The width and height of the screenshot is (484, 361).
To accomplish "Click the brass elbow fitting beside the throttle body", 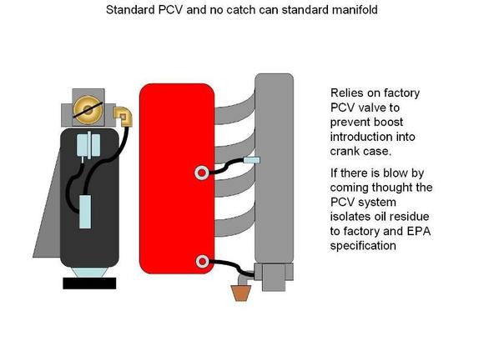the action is tap(124, 116).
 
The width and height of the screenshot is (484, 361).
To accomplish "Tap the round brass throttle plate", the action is tap(88, 110).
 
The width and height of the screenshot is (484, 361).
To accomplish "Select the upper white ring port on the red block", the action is tap(201, 173).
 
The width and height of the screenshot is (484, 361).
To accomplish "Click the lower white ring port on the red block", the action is tap(202, 262).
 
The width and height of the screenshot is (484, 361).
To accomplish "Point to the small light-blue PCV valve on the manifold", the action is tap(251, 160).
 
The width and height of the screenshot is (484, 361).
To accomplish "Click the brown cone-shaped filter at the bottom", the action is tap(241, 293).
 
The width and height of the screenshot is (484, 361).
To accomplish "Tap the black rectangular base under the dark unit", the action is tap(89, 283).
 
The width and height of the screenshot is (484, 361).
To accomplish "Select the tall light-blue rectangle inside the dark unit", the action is tap(85, 212).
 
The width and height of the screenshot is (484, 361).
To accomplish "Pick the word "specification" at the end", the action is tap(363, 246).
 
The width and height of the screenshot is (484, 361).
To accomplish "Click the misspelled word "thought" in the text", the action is tap(392, 188).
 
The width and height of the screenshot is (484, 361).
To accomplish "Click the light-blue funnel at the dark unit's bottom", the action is tap(89, 273).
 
